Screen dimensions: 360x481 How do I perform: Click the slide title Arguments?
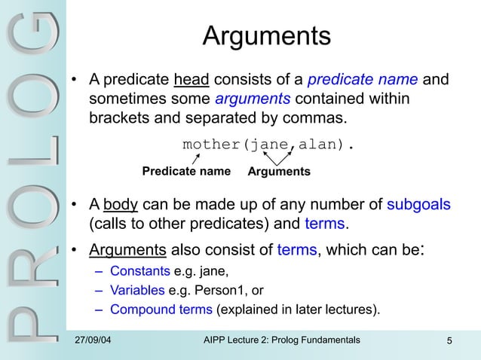(x=267, y=35)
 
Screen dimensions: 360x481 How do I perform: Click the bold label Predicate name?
(x=186, y=172)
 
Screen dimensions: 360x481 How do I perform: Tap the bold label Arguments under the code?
(x=278, y=172)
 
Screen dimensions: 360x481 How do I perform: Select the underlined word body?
(x=120, y=205)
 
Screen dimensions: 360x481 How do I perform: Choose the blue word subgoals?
(x=418, y=205)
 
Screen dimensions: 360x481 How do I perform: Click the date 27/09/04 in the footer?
(x=95, y=341)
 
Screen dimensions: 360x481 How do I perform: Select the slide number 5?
(x=449, y=342)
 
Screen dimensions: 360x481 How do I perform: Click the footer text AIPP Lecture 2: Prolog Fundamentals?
(x=282, y=341)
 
